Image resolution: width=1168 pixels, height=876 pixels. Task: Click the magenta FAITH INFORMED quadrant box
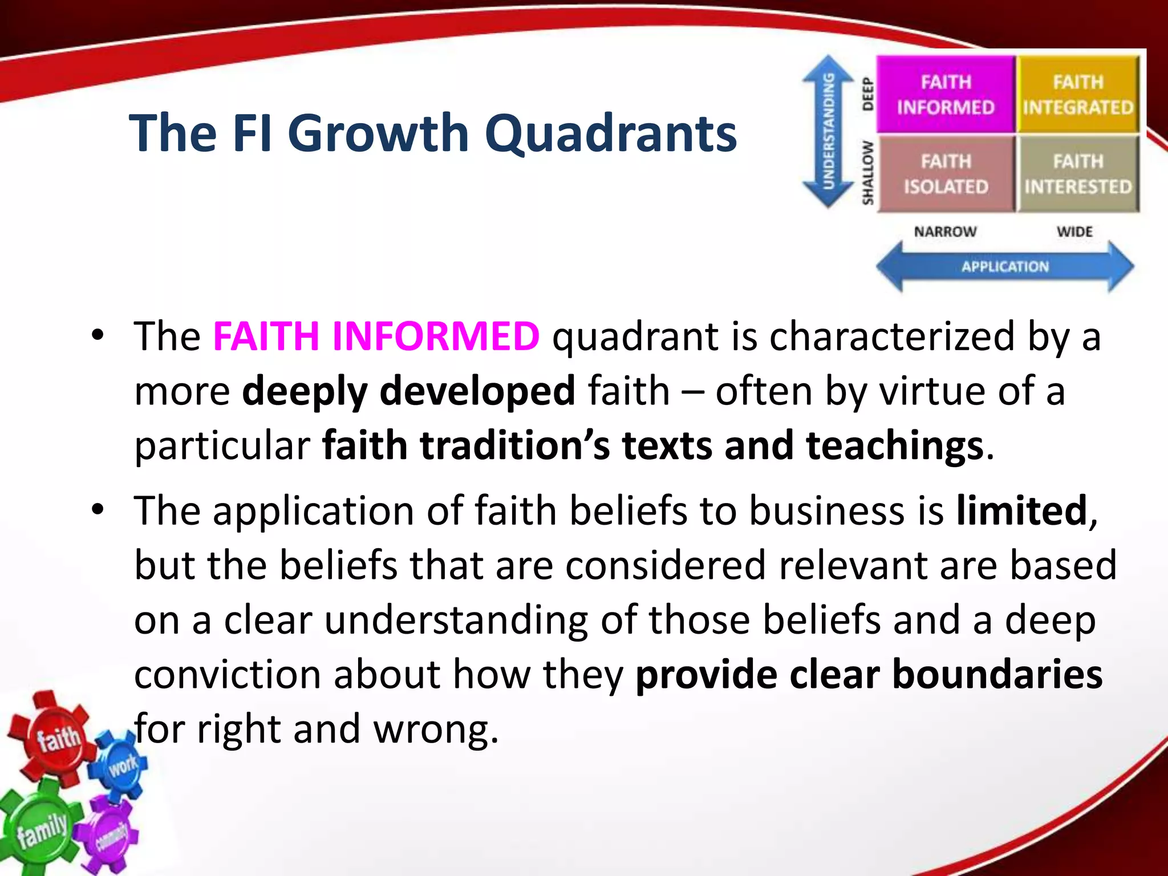[x=946, y=94]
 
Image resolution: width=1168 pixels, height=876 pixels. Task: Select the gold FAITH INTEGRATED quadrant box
[x=1078, y=94]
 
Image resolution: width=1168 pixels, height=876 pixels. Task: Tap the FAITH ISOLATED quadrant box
[x=946, y=174]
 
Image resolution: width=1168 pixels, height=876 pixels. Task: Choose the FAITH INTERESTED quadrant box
[x=1078, y=174]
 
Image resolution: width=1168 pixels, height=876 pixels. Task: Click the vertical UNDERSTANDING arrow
[x=828, y=131]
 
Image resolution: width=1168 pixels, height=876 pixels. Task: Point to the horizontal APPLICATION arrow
[x=1005, y=266]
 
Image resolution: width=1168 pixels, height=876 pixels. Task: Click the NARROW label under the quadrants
[x=945, y=232]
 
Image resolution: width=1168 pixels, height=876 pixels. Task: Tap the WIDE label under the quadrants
[x=1074, y=232]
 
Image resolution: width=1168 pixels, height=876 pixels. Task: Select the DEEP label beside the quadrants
[x=867, y=94]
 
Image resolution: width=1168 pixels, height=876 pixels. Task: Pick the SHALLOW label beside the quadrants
[x=867, y=172]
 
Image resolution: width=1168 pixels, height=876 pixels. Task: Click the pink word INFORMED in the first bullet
[x=436, y=336]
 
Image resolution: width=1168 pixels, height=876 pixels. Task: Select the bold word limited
[x=1022, y=510]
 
